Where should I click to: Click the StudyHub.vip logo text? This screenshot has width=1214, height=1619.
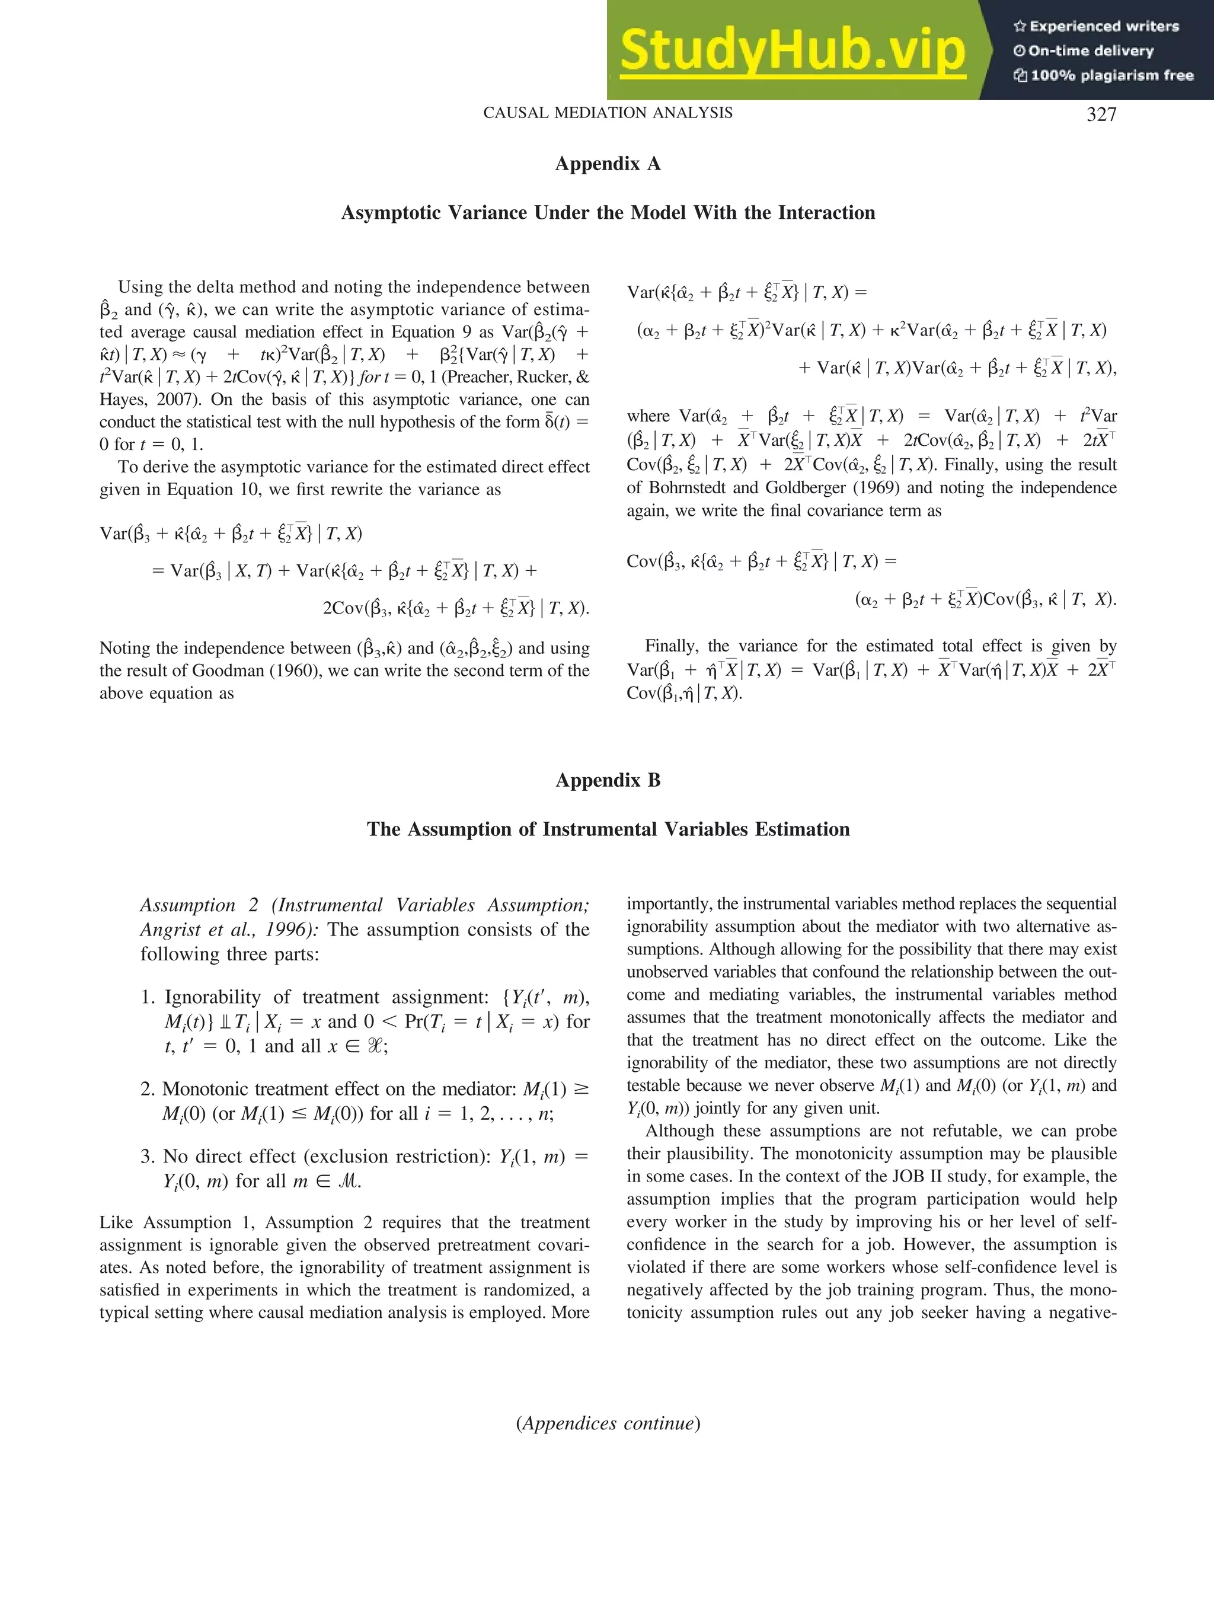coord(793,50)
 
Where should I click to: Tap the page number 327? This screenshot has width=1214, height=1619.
coord(1101,114)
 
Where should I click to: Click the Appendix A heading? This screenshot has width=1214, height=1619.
coord(608,164)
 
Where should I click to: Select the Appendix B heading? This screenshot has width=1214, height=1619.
coord(608,780)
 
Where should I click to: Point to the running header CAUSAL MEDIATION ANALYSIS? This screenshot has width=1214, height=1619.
coord(608,113)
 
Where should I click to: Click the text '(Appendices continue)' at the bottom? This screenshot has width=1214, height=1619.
coord(608,1423)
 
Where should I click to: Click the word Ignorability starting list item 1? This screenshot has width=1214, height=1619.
coord(212,997)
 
